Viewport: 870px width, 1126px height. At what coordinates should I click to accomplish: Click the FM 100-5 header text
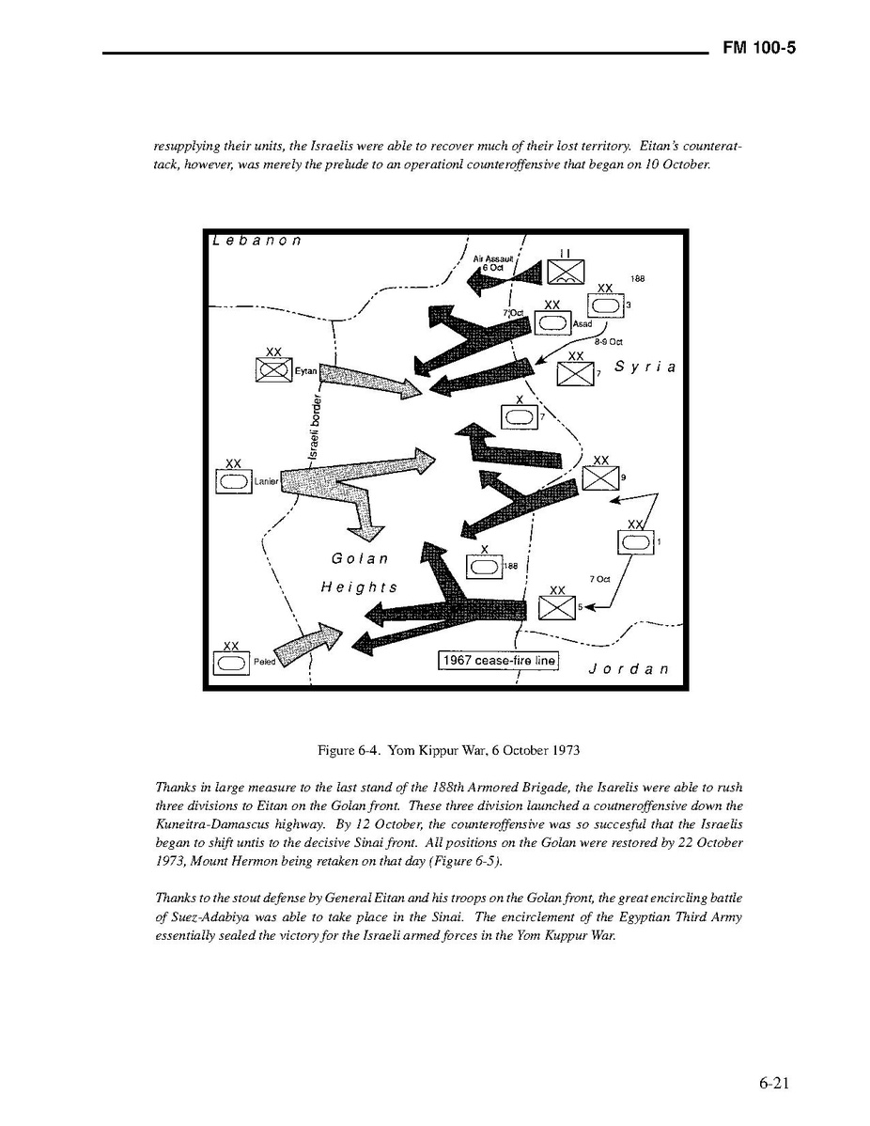[x=759, y=49]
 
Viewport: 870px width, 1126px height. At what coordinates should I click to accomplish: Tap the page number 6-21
[x=774, y=1084]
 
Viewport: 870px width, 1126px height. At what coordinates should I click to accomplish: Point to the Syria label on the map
[x=645, y=367]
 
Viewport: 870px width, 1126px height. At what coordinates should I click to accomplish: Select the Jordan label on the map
[x=628, y=669]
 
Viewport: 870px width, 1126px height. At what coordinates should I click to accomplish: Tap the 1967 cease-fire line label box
[x=499, y=661]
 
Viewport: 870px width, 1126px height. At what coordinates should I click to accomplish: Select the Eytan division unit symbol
[x=273, y=370]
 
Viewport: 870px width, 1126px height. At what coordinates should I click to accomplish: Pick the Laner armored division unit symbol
[x=234, y=481]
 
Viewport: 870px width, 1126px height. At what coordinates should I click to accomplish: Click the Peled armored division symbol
[x=231, y=663]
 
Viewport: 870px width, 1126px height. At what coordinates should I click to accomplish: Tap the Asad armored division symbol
[x=552, y=322]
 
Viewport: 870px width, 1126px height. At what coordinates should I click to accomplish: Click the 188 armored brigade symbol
[x=484, y=566]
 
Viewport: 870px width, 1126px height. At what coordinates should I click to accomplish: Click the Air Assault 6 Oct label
[x=493, y=262]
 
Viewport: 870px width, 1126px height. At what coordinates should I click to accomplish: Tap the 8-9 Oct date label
[x=608, y=341]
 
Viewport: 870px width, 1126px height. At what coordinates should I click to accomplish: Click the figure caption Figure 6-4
[x=448, y=750]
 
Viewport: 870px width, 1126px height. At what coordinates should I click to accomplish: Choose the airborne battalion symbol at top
[x=566, y=271]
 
